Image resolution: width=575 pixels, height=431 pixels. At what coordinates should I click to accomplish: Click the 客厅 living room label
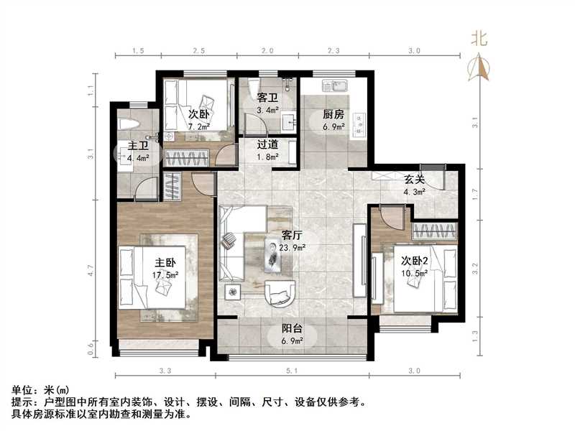[291, 235]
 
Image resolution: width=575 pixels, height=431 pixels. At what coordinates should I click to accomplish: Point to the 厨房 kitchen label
[333, 114]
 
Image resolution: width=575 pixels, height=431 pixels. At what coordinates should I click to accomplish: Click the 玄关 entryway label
[413, 180]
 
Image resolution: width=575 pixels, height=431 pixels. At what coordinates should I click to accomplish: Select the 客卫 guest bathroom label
[268, 98]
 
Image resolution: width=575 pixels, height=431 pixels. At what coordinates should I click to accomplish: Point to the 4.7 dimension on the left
[91, 271]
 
